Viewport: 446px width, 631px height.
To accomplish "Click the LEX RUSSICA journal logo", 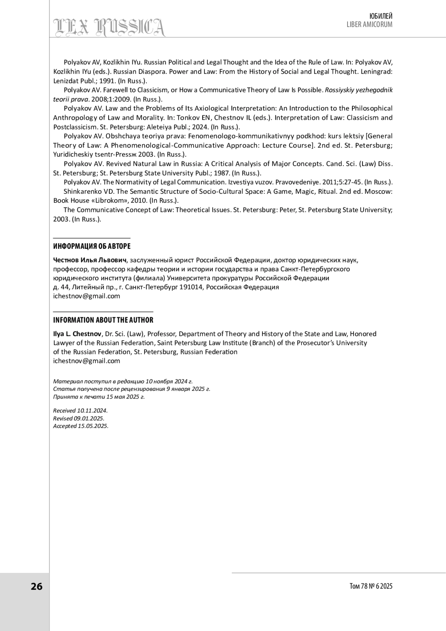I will point(110,27).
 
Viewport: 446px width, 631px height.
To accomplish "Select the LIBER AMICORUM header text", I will point(369,25).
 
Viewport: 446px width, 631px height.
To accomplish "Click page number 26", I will point(36,586).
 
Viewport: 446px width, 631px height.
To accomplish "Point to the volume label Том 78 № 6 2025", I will point(371,586).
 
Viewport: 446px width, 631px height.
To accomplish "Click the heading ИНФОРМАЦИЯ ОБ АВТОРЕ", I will point(92,247).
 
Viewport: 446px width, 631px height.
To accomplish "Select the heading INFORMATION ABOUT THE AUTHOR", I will point(103,320).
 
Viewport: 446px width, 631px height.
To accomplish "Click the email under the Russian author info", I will point(87,296).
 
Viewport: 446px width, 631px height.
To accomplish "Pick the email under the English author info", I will point(87,361).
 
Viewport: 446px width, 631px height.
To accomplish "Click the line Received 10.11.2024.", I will point(80,411).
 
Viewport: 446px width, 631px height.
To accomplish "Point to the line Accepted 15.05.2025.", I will point(81,426).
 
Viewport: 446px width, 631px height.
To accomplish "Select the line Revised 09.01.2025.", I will point(79,418).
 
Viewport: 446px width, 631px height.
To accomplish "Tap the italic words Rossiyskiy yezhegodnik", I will point(359,90).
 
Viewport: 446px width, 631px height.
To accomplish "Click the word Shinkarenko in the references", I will point(81,191).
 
